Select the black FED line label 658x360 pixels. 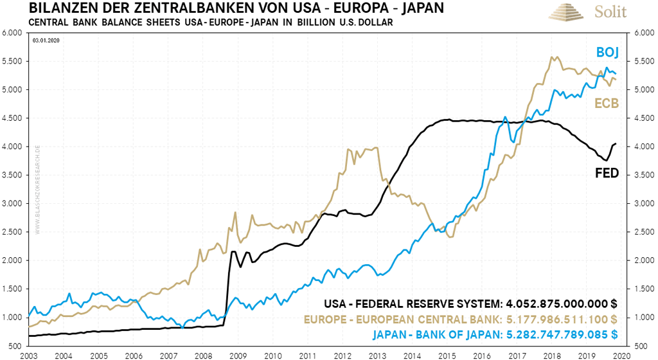(607, 174)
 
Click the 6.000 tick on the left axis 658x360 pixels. (13, 33)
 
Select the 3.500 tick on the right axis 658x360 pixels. (645, 175)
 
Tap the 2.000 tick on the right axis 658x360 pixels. (645, 260)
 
